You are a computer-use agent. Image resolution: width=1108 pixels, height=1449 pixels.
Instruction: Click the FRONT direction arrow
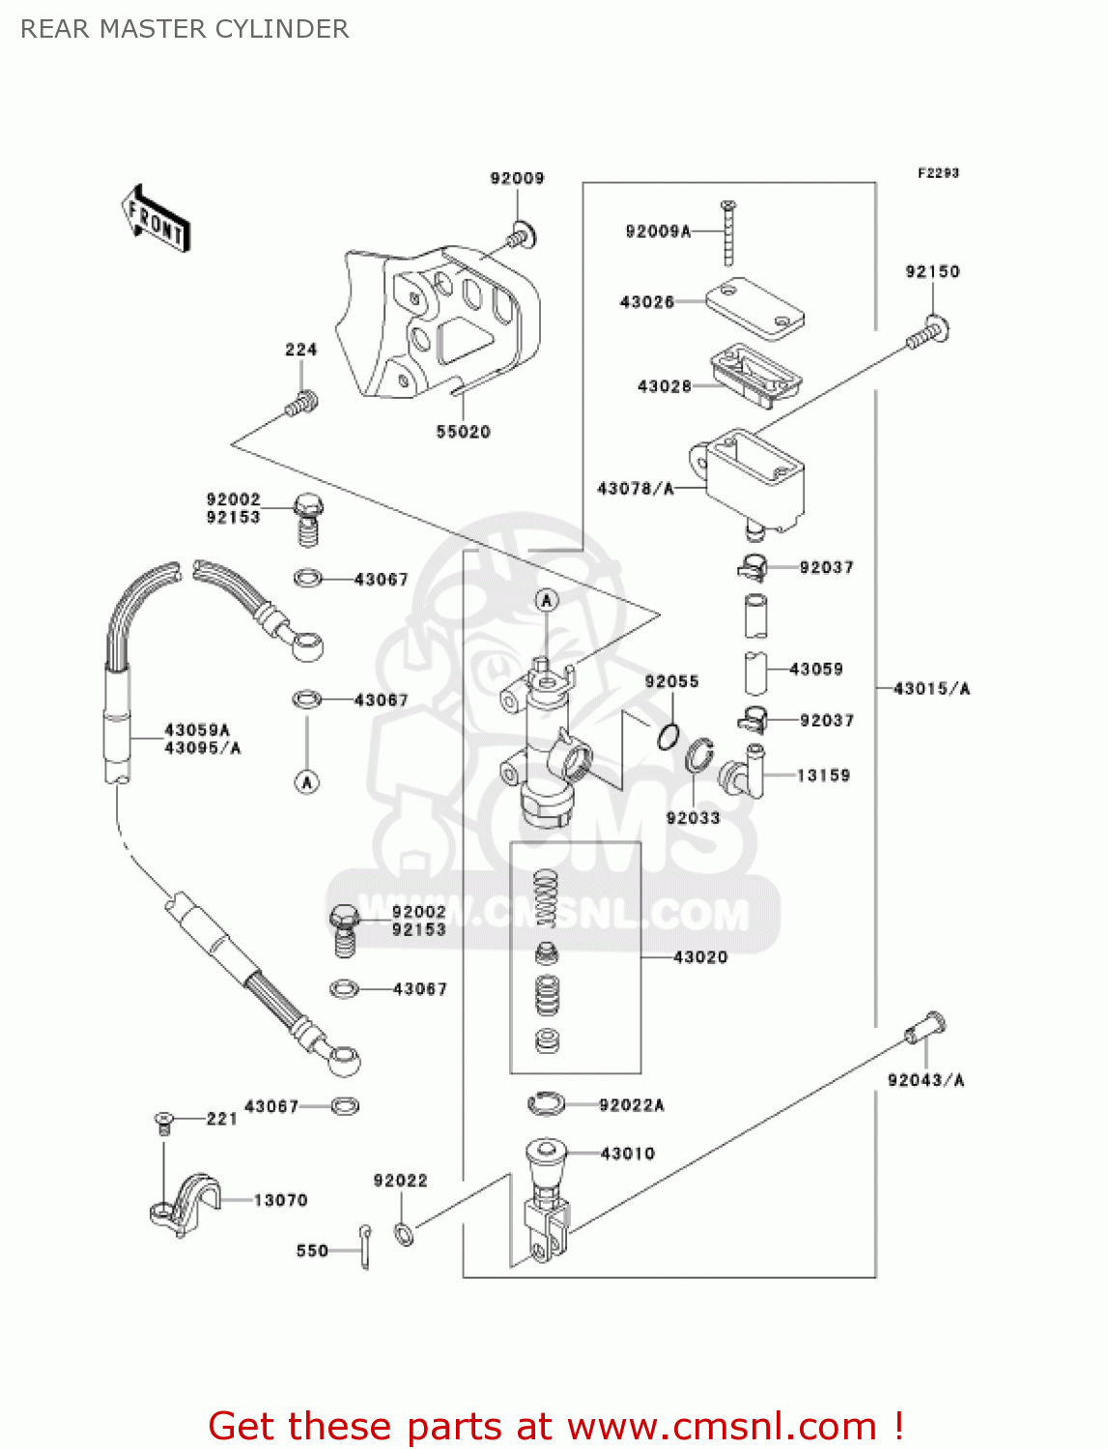156,219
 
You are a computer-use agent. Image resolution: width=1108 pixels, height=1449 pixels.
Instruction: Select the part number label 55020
463,432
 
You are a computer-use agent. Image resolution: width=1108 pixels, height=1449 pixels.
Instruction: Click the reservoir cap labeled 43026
754,307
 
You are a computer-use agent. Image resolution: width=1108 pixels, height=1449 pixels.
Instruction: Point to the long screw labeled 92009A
728,232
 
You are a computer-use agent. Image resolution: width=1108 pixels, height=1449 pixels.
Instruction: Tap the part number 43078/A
635,489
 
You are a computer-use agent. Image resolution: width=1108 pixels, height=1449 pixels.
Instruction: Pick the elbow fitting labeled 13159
744,773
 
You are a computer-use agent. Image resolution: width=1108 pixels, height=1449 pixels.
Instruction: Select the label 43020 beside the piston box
700,957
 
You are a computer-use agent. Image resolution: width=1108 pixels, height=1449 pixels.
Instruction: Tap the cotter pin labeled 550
365,1246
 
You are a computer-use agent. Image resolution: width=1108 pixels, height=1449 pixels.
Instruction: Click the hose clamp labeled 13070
186,1205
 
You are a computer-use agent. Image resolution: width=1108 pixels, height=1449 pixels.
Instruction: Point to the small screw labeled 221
163,1122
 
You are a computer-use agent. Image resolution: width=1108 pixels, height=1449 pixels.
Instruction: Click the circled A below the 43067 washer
307,781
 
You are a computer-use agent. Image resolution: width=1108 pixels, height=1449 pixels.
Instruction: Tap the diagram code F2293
938,173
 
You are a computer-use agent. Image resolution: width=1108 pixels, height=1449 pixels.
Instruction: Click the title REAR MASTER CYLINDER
185,29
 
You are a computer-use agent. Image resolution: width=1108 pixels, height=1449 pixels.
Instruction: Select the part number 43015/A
931,689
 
